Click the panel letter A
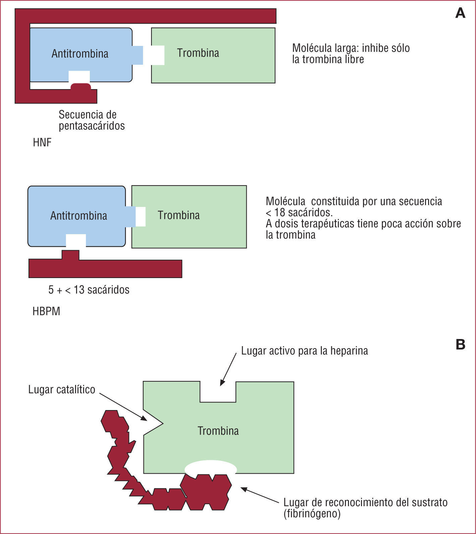click(x=460, y=13)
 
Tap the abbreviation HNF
click(x=42, y=143)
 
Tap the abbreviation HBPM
click(x=46, y=311)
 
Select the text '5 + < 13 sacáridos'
click(x=89, y=290)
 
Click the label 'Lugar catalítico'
click(x=62, y=390)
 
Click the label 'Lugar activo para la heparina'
click(x=304, y=351)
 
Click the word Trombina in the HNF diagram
click(x=198, y=53)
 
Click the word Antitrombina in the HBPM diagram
click(x=79, y=215)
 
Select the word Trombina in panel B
click(x=218, y=431)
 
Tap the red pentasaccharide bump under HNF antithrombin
click(x=80, y=86)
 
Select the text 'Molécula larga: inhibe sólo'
click(x=351, y=48)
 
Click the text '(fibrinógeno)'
click(x=312, y=514)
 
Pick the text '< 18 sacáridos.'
click(x=299, y=212)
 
